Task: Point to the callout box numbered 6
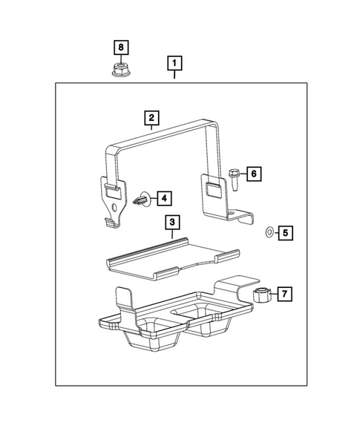[253, 174]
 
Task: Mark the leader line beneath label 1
[174, 73]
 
